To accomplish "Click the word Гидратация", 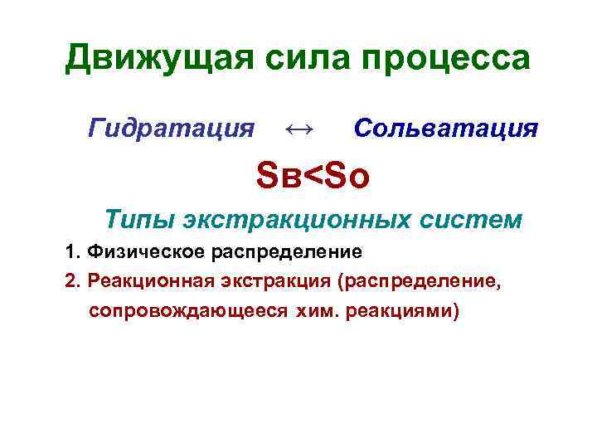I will pyautogui.click(x=171, y=129).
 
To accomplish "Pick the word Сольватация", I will pyautogui.click(x=445, y=129).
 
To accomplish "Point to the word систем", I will pyautogui.click(x=473, y=220).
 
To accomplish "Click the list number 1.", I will pyautogui.click(x=71, y=251).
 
